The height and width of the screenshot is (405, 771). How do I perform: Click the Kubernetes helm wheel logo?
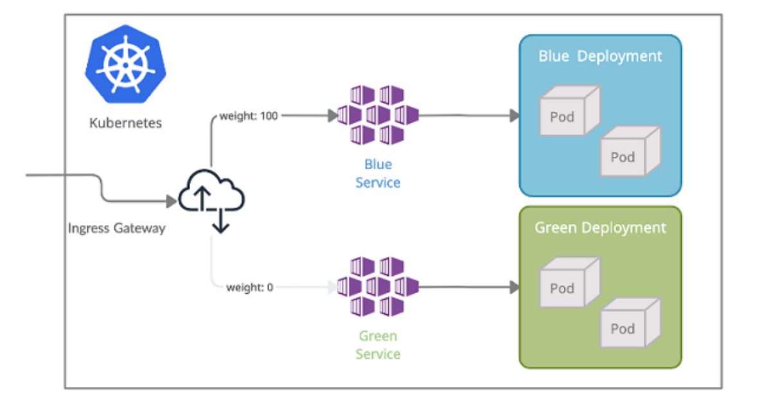[126, 64]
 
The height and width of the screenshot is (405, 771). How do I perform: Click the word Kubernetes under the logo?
[126, 123]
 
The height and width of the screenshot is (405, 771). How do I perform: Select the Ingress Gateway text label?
[117, 228]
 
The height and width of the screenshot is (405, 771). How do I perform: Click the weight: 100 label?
[249, 116]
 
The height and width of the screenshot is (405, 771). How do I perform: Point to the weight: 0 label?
[249, 287]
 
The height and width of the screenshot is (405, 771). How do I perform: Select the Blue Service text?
[378, 174]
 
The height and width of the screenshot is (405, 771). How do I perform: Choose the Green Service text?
[378, 345]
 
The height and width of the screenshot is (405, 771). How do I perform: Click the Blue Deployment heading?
[600, 56]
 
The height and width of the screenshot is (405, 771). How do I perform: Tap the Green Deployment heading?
[600, 228]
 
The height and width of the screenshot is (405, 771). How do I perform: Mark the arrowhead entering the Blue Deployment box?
[515, 116]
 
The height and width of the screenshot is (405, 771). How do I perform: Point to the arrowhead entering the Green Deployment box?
[515, 287]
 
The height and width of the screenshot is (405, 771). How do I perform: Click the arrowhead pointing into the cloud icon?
[172, 202]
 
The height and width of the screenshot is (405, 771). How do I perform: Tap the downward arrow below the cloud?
[220, 226]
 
